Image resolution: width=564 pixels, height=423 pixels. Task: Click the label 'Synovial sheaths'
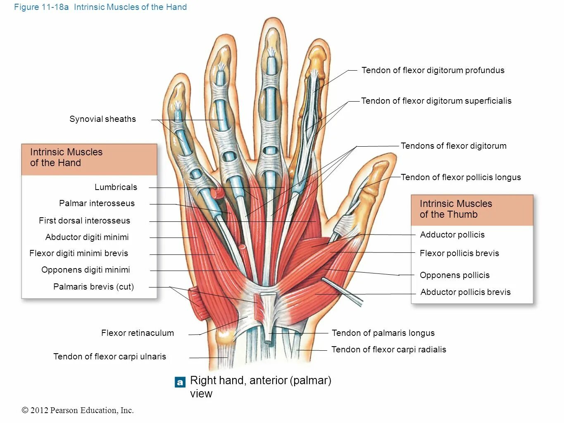click(102, 119)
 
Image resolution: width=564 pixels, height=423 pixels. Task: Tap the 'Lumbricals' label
click(116, 187)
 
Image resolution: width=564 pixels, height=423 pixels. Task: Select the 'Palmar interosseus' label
click(97, 203)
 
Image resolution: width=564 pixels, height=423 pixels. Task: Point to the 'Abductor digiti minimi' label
click(87, 237)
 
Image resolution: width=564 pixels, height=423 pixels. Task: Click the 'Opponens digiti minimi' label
click(86, 270)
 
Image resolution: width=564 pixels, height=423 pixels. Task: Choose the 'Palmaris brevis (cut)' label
click(93, 287)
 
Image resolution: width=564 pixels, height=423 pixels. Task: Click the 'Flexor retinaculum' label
click(137, 333)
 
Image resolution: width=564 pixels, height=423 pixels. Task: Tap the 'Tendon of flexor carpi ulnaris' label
click(109, 356)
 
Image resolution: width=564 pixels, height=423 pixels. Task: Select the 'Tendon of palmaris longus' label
click(383, 333)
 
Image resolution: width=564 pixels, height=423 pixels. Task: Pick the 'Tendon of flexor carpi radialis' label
click(388, 349)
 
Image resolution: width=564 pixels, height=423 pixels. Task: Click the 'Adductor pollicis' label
click(452, 235)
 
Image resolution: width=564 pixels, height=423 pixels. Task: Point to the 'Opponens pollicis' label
click(455, 275)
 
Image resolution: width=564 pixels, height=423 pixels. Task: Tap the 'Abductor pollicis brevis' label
click(465, 292)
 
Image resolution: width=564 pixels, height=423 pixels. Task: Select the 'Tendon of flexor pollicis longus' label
click(461, 177)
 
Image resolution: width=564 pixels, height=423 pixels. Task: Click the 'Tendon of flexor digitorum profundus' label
click(433, 70)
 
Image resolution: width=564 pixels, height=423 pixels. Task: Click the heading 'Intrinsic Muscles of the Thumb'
click(456, 209)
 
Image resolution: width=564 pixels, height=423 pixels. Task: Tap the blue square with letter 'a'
click(180, 383)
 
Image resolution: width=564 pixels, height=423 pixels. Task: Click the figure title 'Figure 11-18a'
click(41, 7)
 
